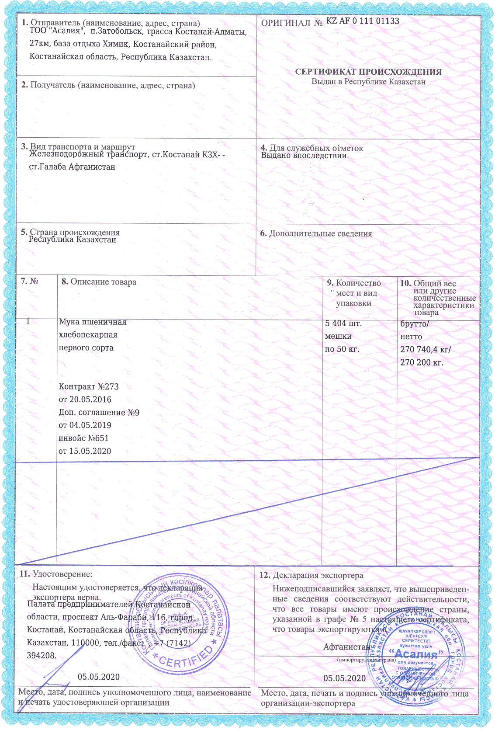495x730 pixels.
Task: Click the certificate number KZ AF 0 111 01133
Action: pos(362,21)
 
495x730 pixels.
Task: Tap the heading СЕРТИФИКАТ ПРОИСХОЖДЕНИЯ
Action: pos(368,72)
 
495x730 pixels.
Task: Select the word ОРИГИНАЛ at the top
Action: pos(286,23)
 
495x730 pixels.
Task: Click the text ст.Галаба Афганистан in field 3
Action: pos(72,167)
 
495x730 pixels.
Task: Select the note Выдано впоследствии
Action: pos(305,155)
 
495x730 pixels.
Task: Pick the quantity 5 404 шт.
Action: pos(343,324)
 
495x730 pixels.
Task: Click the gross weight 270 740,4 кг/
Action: pos(426,350)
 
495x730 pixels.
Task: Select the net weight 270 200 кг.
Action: pos(422,362)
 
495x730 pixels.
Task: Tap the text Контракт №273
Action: pos(89,387)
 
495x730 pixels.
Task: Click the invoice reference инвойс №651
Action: pos(83,438)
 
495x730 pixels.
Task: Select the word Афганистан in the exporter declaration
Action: pos(347,647)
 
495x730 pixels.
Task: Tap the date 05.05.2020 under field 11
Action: pos(99,677)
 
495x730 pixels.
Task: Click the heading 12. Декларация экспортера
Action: pos(311,576)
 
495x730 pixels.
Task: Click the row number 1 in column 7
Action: pos(28,322)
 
